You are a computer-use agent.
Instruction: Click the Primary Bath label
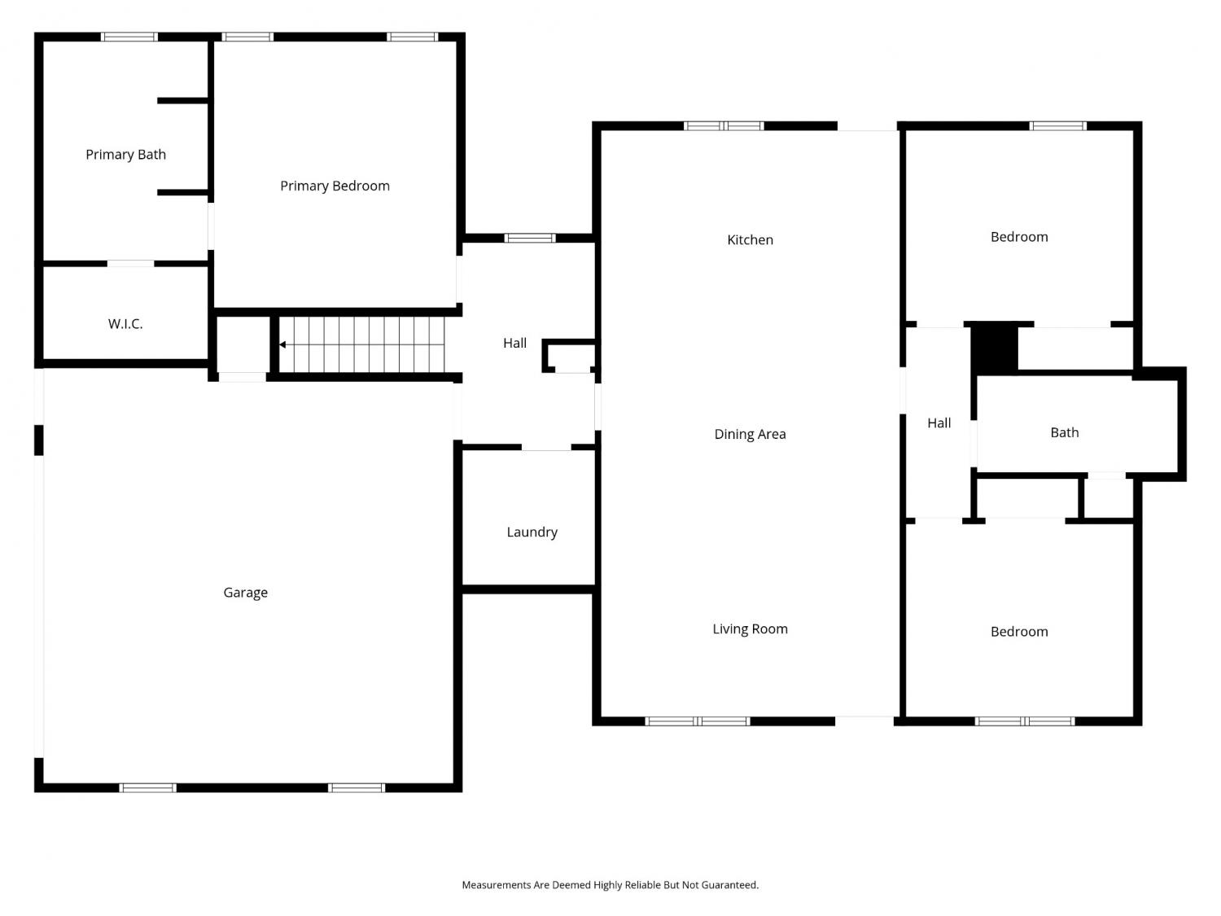125,155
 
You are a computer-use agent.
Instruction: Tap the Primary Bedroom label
335,186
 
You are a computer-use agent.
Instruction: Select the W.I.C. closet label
125,324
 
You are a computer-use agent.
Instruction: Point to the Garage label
245,593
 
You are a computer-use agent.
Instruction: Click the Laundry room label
532,533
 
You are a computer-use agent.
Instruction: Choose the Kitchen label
750,239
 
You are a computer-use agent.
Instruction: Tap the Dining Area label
750,434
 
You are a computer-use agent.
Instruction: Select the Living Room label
750,629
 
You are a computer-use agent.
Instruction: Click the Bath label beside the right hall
1064,432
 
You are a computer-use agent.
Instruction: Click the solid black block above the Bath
995,349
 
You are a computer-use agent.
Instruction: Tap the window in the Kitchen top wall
724,126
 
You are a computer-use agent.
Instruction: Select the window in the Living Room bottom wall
698,721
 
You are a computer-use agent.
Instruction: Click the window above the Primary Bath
129,37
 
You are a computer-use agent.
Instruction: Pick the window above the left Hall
530,239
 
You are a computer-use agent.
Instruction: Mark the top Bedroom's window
1057,126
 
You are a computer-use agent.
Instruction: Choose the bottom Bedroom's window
1025,721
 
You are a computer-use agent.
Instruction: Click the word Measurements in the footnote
497,885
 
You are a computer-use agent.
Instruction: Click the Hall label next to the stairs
514,343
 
